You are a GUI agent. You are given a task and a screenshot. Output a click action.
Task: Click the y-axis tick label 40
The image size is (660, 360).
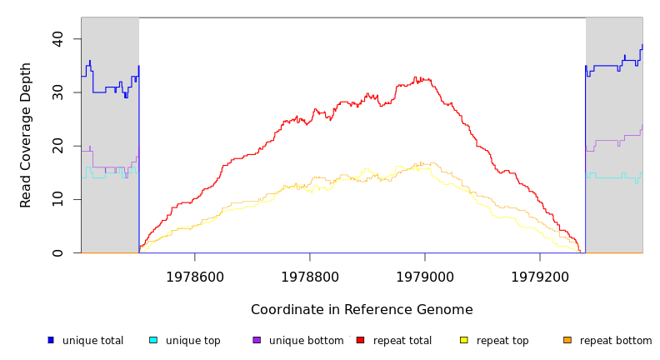tap(57, 39)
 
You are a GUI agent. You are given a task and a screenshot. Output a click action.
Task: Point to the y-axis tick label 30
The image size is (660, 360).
tap(57, 92)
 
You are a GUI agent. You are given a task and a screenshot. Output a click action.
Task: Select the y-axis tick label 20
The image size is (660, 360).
tap(57, 146)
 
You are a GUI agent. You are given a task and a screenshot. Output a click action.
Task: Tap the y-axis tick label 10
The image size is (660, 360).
tap(57, 199)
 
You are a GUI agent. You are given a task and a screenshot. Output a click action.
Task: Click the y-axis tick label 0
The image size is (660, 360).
tap(57, 252)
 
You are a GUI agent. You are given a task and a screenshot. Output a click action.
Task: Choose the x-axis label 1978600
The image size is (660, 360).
tap(195, 276)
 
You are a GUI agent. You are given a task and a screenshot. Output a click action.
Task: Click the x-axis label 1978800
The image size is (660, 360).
tap(310, 276)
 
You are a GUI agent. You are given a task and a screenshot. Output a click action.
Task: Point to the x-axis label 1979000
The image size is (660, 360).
tap(425, 276)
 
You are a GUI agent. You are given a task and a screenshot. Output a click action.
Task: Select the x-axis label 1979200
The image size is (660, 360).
tap(540, 276)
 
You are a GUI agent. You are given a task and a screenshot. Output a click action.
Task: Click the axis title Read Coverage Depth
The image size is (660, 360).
tap(27, 135)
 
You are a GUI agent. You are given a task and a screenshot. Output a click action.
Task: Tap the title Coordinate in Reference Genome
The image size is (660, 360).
tap(362, 310)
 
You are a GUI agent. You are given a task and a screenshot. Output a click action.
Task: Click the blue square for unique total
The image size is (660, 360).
tap(51, 340)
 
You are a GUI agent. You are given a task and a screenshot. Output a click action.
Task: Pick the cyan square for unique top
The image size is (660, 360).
tap(153, 340)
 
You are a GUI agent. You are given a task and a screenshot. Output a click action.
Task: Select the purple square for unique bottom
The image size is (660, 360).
tap(257, 340)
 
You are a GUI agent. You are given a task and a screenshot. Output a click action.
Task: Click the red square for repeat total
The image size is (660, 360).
tap(360, 340)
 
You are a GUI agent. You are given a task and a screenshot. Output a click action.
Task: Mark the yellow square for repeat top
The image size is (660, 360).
tap(464, 340)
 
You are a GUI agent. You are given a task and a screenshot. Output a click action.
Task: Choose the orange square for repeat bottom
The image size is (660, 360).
tap(567, 340)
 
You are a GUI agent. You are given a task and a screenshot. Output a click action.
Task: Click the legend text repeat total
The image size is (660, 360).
tap(402, 341)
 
